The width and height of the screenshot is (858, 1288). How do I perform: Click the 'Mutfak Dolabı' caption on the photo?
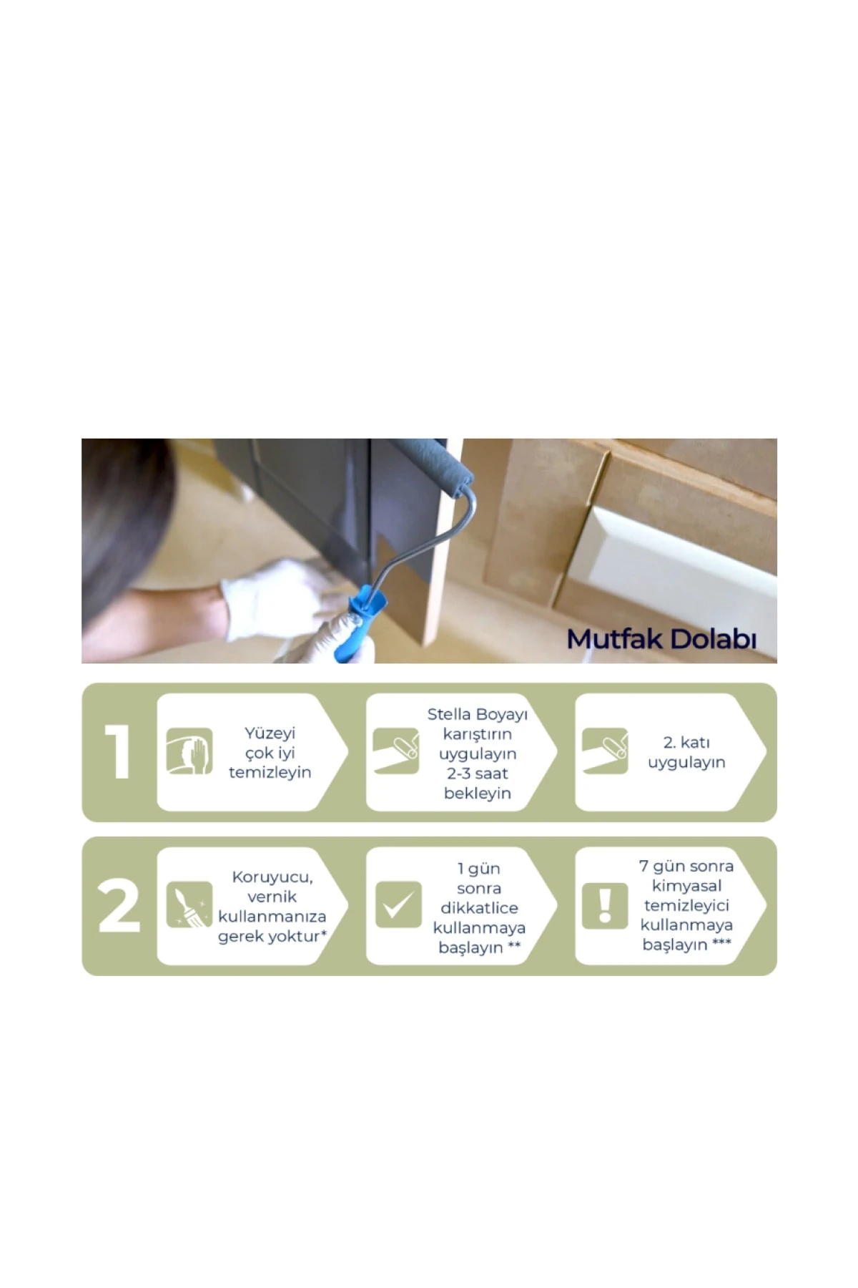point(661,639)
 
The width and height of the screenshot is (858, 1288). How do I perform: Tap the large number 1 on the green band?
point(118,751)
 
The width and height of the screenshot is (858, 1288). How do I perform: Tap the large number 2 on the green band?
point(119,906)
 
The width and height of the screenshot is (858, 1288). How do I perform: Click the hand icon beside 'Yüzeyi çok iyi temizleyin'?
point(189,751)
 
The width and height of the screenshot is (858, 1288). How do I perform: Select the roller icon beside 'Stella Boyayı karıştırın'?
point(396,751)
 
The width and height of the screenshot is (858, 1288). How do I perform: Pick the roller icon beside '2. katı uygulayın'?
point(605,751)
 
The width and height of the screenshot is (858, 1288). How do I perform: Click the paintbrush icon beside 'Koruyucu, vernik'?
point(189,905)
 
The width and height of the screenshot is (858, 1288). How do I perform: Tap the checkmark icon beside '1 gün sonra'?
point(398,904)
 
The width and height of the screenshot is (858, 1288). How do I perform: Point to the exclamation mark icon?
point(605,906)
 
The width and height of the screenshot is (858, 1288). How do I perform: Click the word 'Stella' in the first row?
point(449,714)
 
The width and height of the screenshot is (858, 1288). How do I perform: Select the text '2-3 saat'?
point(478,774)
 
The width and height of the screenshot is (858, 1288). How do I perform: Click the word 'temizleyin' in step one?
point(270,772)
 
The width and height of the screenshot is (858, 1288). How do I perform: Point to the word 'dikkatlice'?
point(479,908)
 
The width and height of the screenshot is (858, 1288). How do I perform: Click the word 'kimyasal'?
point(686,886)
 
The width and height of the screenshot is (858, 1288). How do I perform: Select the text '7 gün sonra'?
point(686,867)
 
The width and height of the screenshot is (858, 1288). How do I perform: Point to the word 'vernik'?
point(272,897)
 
